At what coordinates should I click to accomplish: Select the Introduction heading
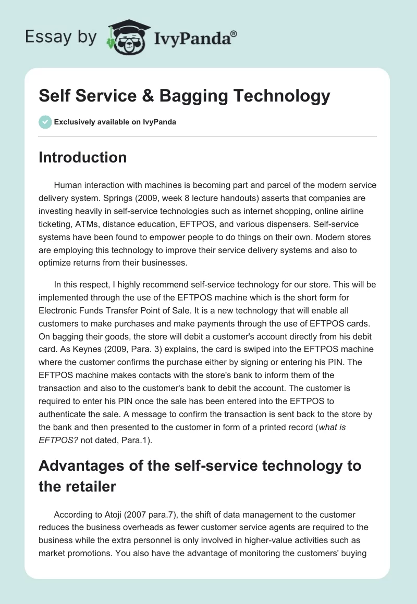(x=82, y=157)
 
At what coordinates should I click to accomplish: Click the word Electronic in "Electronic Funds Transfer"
(x=58, y=311)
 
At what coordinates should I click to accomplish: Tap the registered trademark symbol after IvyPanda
(x=234, y=32)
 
